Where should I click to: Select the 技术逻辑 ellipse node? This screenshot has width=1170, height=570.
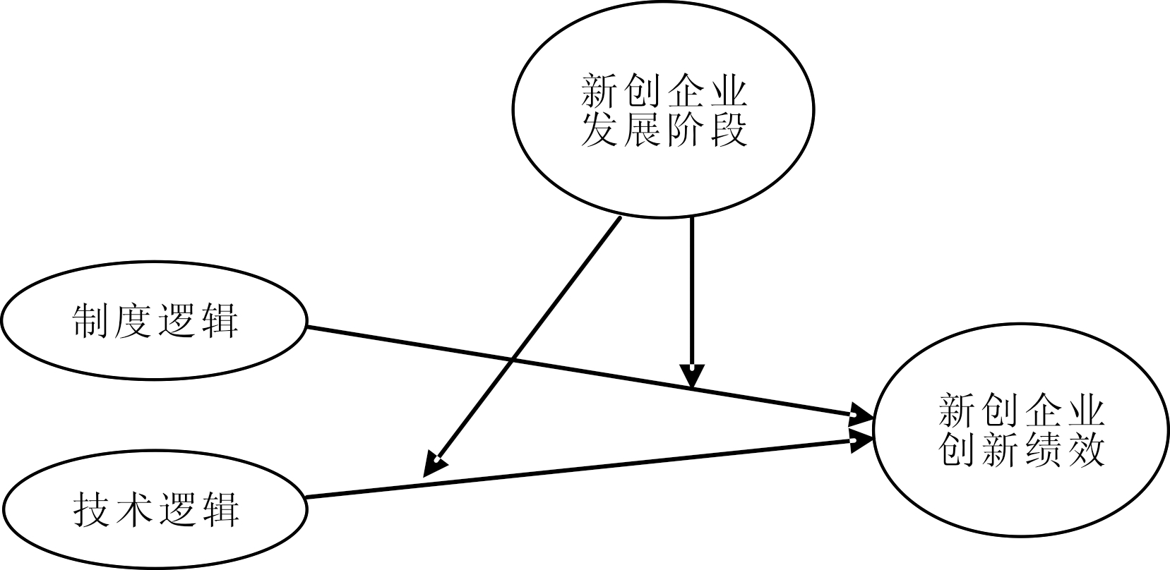[154, 509]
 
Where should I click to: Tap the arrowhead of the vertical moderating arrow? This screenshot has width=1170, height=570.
[691, 377]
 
